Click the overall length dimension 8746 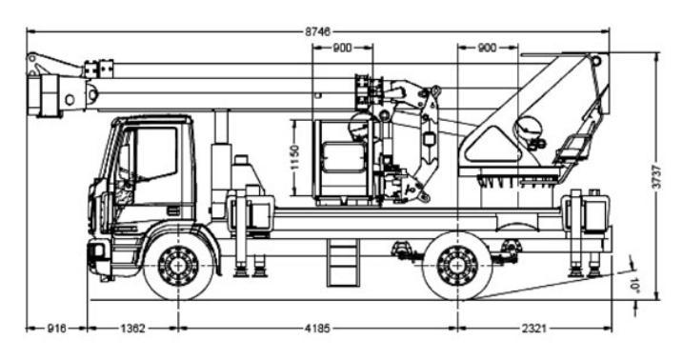click(317, 31)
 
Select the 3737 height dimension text click(656, 176)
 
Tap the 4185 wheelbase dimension click(317, 329)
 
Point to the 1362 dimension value click(132, 329)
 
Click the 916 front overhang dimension click(56, 329)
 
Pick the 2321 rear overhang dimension click(534, 329)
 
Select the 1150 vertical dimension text click(295, 157)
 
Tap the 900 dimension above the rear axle click(488, 48)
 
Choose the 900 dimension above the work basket click(342, 48)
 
